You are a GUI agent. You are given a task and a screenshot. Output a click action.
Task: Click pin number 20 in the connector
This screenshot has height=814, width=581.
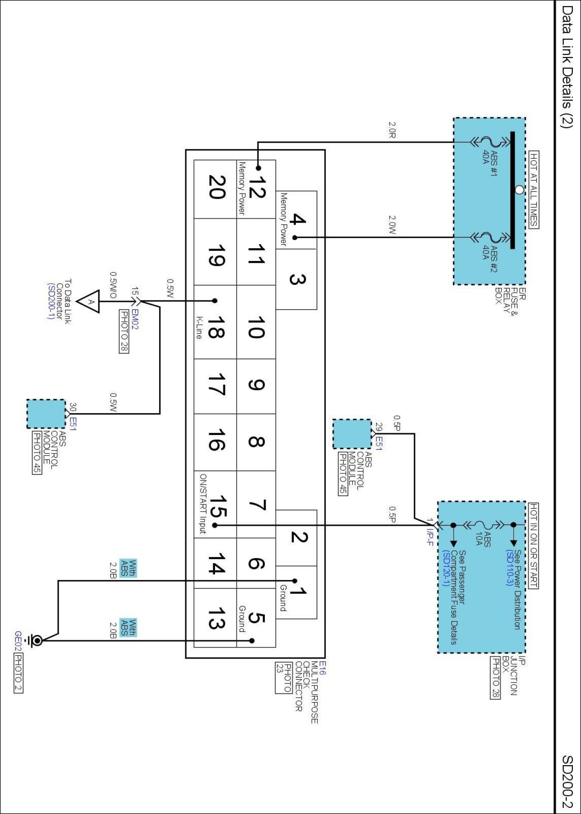[216, 187]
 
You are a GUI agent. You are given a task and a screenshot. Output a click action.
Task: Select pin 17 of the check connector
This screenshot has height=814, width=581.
[216, 385]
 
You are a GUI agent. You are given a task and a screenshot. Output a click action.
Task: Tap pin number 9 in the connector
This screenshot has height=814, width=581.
[256, 385]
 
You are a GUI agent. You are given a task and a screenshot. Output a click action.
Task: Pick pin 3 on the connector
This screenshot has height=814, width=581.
[297, 279]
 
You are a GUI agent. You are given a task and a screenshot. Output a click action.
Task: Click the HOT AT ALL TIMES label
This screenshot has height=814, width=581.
[533, 190]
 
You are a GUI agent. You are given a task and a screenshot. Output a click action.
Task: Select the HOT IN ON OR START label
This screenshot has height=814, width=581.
[533, 545]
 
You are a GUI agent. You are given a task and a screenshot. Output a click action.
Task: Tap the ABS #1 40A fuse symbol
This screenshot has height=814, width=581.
[490, 142]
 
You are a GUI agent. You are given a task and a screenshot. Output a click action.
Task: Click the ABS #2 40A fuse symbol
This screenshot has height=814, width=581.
[490, 237]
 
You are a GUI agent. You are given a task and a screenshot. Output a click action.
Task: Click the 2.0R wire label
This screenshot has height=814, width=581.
[392, 130]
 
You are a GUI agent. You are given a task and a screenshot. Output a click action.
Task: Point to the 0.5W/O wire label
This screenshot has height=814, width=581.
[113, 285]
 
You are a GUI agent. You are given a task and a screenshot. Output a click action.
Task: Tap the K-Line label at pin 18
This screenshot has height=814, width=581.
[199, 328]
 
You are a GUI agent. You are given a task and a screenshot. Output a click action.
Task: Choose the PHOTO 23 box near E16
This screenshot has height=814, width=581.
[284, 678]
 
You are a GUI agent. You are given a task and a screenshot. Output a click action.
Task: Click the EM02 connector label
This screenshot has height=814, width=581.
[135, 319]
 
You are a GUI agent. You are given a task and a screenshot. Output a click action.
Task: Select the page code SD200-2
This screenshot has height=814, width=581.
[568, 781]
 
